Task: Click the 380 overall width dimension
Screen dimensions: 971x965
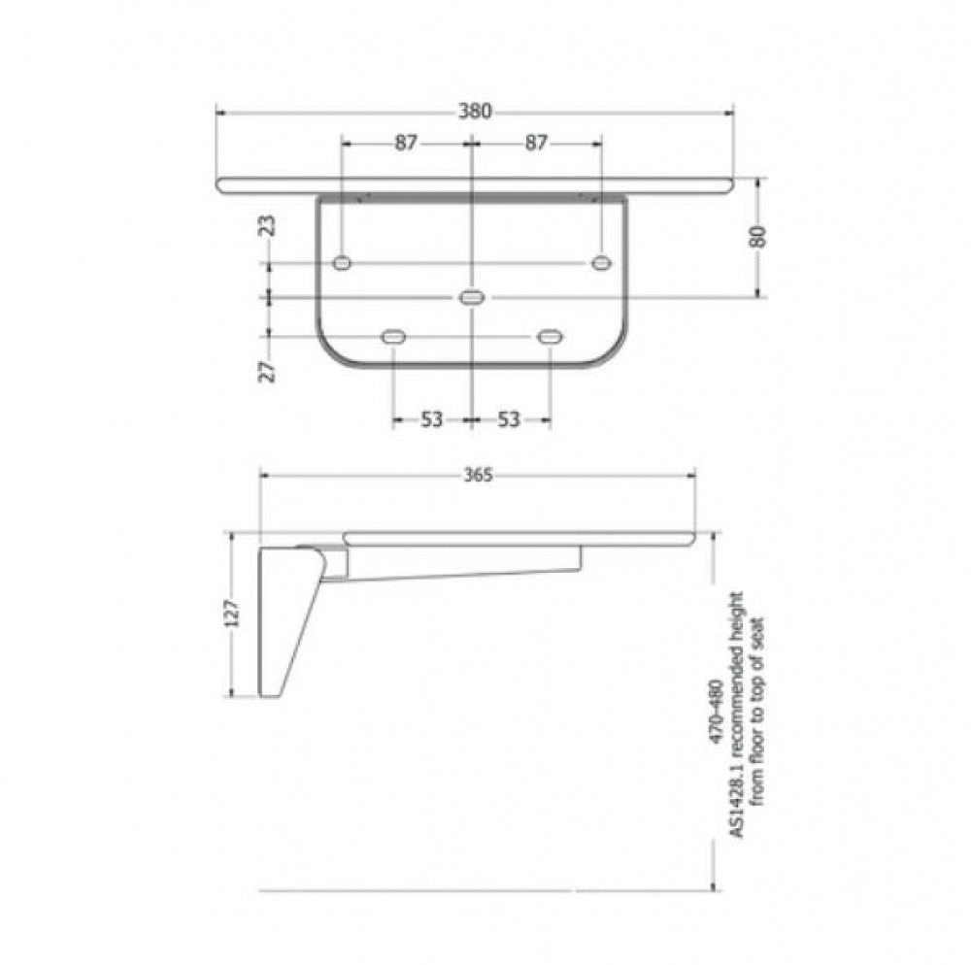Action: [475, 112]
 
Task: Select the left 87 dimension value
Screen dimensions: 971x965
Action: [406, 143]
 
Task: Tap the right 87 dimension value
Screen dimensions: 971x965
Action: [536, 143]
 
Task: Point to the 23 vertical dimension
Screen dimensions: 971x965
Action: [268, 226]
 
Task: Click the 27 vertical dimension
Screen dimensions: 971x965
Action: [268, 372]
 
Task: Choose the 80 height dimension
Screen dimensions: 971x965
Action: [758, 237]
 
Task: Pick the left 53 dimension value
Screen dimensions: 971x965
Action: [432, 419]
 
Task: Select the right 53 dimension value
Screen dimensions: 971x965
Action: [509, 419]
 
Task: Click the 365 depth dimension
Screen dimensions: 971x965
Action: [478, 475]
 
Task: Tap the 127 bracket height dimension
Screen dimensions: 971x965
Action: [231, 613]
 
